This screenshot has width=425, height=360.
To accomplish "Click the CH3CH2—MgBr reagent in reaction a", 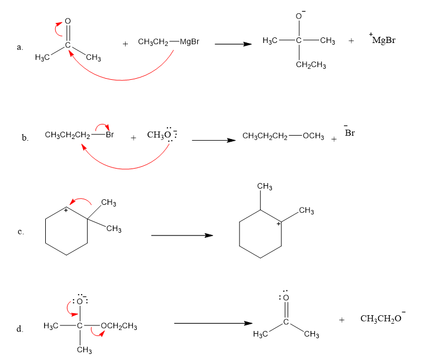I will coord(168,42).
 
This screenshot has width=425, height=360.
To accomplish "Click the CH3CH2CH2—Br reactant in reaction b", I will coord(78,135).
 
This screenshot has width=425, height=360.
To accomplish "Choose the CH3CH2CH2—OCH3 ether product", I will coord(283,137).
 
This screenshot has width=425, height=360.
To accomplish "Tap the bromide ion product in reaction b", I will coord(350,133).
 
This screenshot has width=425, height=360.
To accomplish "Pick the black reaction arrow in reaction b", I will coord(213,140).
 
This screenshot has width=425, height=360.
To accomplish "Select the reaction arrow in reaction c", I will coord(182,235).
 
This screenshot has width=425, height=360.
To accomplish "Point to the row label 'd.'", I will coord(20,329).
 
